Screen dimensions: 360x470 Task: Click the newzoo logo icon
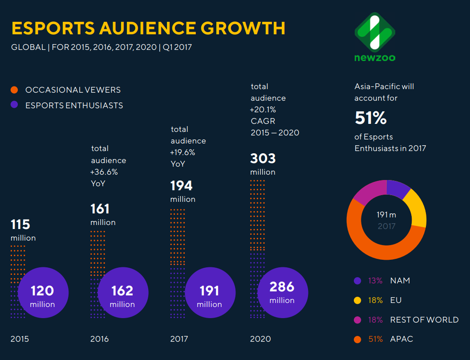(375, 32)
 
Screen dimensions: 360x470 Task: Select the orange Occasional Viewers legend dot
(14, 90)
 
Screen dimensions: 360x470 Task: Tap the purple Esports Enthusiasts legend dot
(14, 106)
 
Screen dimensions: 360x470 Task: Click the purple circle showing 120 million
(43, 293)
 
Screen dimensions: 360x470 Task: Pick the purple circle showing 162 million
(122, 293)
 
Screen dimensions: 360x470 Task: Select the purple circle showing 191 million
(210, 293)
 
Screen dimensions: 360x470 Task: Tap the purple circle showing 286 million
(282, 293)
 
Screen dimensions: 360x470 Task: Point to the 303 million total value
(263, 159)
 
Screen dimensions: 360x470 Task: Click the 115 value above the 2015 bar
(20, 225)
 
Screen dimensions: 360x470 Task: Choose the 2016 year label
(100, 339)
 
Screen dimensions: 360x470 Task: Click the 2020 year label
(260, 339)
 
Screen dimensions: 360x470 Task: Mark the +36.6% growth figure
(104, 172)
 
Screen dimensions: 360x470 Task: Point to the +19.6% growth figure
(182, 152)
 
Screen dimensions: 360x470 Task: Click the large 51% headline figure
(371, 118)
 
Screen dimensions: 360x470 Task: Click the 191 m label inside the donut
(386, 215)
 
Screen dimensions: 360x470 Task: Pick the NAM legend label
(400, 281)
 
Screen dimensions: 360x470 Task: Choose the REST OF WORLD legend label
(424, 320)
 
